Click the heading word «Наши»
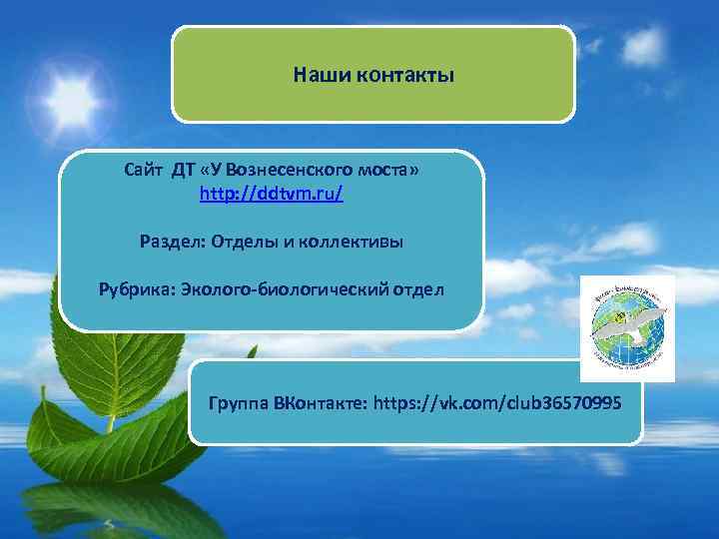pos(315,75)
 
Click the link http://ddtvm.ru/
pos(272,193)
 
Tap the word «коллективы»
pos(346,241)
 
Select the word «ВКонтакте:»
pos(321,403)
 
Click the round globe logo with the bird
pos(627,327)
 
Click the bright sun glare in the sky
pos(70,97)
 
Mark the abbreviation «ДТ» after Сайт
pos(184,172)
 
